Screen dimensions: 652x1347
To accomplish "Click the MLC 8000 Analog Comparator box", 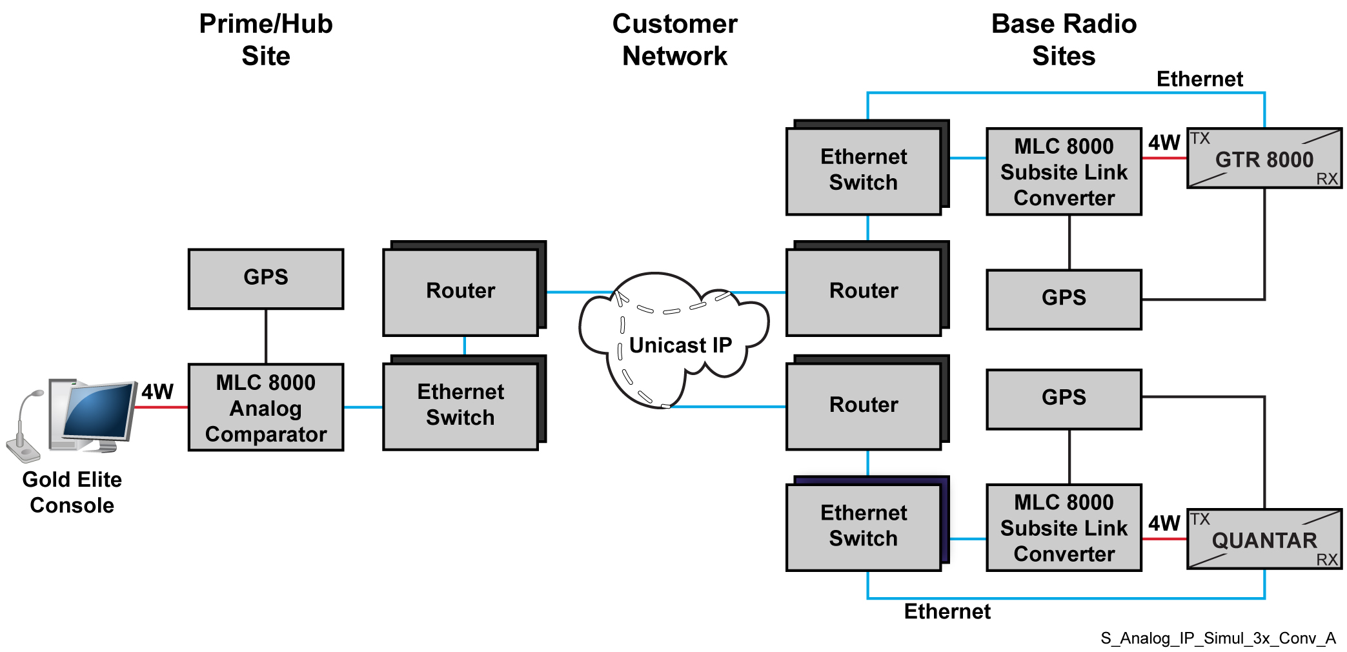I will point(265,407).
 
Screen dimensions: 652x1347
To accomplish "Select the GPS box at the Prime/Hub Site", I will point(265,278).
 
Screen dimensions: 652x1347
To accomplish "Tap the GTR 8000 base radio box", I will point(1264,159).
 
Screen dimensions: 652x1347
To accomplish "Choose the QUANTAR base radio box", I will point(1264,540).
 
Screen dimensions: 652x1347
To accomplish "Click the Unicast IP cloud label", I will point(680,345).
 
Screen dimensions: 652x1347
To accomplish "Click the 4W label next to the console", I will point(157,392).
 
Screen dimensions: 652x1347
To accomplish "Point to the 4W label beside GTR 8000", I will point(1164,143).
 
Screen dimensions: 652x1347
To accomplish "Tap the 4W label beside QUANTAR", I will point(1164,524).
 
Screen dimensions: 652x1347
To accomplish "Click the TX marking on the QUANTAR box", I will point(1200,519).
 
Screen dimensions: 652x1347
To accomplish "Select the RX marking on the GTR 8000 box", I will point(1327,179).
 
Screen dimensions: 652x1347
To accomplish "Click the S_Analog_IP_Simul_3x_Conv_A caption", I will point(1217,638).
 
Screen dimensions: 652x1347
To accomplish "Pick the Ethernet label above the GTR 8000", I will point(1199,79).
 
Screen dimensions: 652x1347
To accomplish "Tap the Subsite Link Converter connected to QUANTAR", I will point(1064,528).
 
